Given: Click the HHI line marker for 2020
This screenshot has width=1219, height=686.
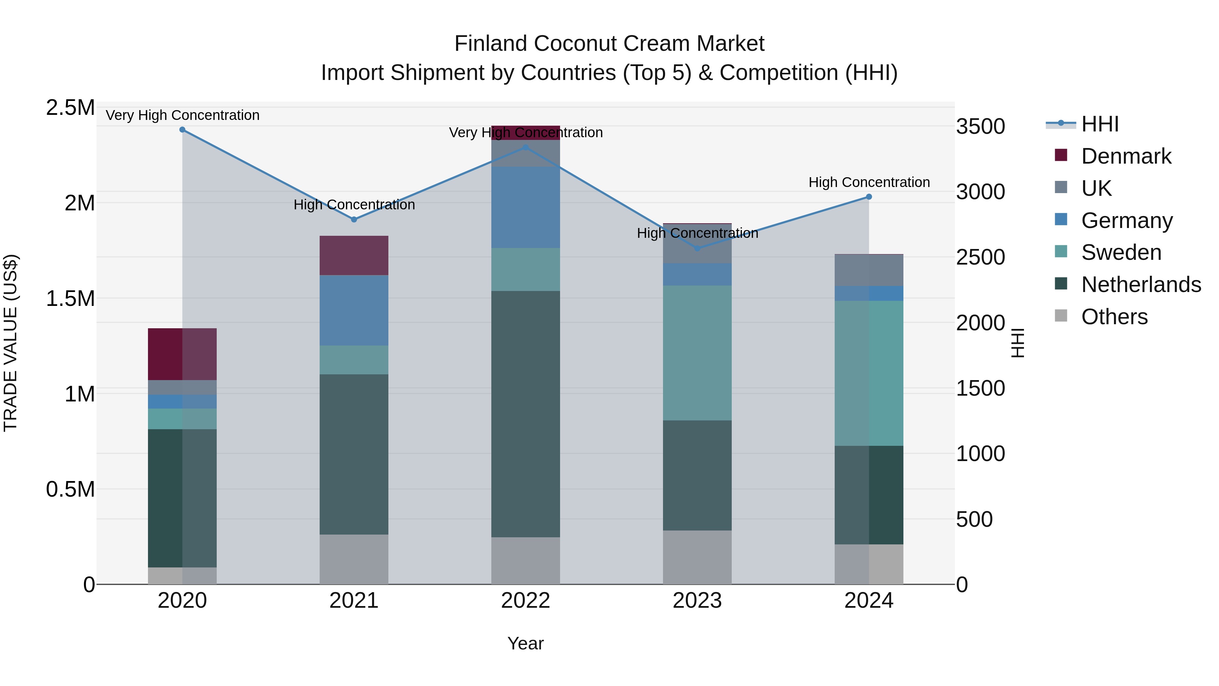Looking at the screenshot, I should click(182, 130).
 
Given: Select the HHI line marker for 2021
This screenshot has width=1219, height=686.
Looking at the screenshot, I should click(354, 220).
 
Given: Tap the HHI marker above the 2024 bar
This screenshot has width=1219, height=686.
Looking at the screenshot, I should click(869, 197).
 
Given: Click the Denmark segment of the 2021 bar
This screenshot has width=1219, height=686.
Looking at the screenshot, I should click(354, 256).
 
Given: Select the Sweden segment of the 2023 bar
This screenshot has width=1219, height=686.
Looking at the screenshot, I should click(697, 353).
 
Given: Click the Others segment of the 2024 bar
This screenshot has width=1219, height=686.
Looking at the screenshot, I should click(869, 564).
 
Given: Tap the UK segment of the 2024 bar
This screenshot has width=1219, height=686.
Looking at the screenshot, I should click(869, 270).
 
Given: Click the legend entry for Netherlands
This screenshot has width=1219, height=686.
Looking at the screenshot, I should click(1141, 285).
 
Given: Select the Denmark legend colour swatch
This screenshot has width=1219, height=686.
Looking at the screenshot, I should click(1061, 155).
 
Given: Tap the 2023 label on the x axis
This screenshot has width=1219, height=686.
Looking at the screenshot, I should click(697, 601).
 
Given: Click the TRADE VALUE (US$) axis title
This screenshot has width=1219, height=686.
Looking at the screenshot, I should click(10, 343).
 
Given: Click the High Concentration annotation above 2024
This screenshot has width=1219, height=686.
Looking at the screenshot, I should click(869, 182).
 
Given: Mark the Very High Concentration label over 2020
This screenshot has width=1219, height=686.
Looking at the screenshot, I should click(182, 115).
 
